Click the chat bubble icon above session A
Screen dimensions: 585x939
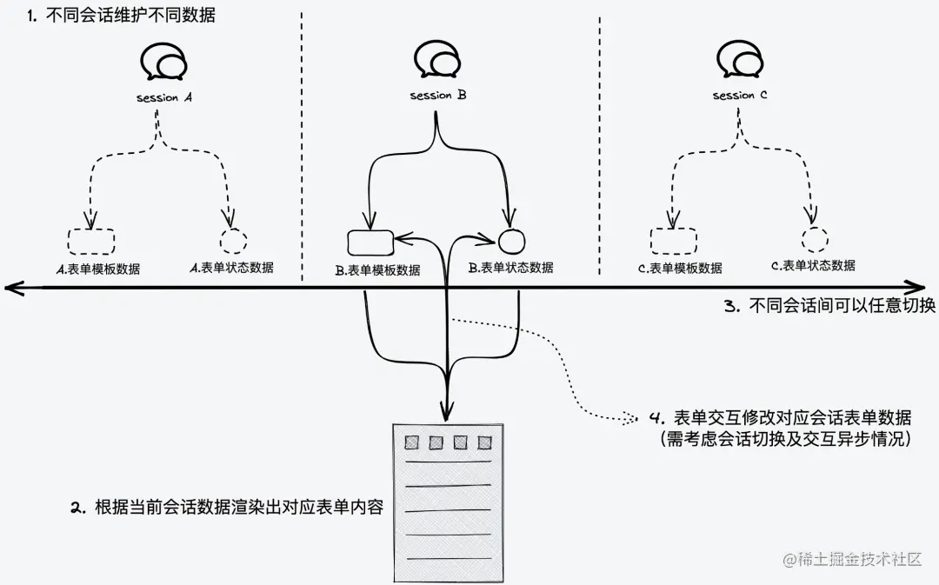coord(163,63)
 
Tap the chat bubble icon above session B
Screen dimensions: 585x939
coord(437,62)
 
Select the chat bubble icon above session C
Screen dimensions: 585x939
coord(739,62)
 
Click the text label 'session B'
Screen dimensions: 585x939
coord(438,96)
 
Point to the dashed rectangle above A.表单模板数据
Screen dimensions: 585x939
coord(90,241)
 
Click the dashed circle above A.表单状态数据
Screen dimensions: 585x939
coord(232,241)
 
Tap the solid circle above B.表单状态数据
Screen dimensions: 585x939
coord(511,238)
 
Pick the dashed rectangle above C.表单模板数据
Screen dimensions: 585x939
coord(673,241)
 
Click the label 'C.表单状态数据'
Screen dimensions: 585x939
coord(813,265)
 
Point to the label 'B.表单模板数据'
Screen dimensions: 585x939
coord(377,270)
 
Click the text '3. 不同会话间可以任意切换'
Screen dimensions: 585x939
coord(829,306)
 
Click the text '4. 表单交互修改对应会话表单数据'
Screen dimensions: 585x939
coord(782,417)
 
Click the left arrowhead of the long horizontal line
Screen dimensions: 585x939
coord(10,286)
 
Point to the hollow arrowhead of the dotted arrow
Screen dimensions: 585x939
coord(629,418)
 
